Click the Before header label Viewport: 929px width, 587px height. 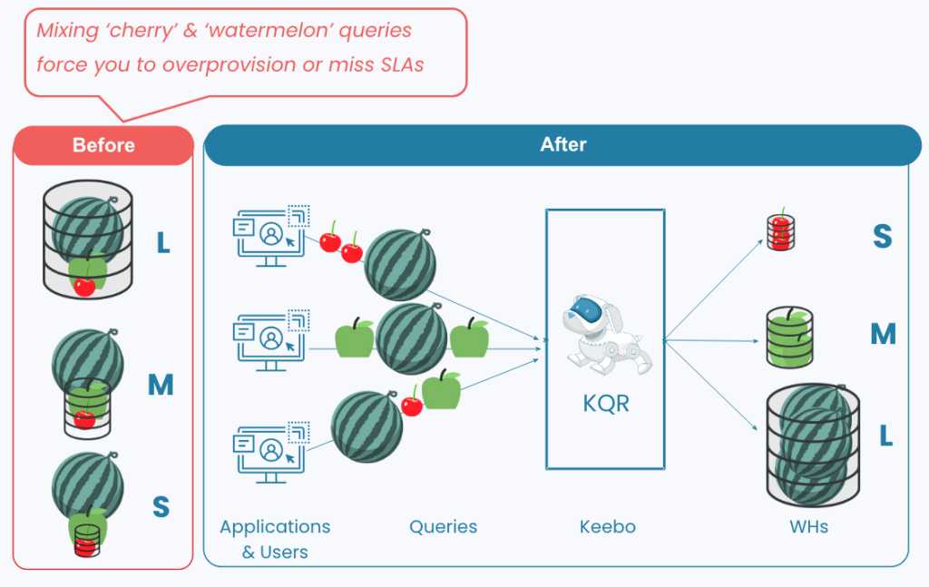point(103,145)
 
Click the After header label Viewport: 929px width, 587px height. point(563,144)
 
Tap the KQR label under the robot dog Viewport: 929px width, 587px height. point(606,403)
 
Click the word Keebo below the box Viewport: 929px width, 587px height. point(606,526)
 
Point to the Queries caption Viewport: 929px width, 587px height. point(443,526)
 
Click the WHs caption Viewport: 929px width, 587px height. point(808,526)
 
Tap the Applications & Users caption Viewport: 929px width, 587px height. point(275,539)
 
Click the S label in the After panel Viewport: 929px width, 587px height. point(882,236)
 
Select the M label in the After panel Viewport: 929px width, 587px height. point(883,334)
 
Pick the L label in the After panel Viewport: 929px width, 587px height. point(885,435)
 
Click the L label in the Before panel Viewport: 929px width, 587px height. point(163,243)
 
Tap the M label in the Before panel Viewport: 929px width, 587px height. point(161,385)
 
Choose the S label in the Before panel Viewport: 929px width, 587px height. point(161,506)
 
